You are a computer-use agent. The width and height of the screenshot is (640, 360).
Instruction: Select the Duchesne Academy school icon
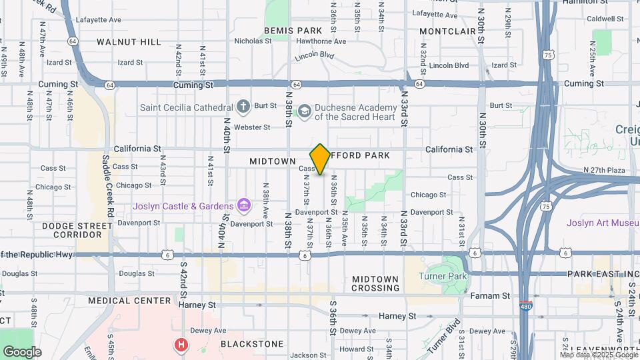305,111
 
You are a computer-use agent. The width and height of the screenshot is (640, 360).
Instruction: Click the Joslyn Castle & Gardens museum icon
244,205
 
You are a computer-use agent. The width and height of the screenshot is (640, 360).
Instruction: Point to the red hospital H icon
180,345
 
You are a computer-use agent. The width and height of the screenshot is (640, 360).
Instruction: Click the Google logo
22,352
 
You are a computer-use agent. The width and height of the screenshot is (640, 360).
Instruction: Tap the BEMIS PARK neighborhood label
293,31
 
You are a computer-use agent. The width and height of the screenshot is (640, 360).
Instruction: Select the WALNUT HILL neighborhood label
129,42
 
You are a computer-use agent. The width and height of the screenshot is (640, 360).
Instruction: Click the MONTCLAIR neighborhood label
447,31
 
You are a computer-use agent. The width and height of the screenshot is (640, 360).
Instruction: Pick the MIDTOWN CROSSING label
375,283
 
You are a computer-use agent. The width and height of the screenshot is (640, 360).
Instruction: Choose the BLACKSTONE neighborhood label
252,344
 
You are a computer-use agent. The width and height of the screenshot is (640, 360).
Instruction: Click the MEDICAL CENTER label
129,301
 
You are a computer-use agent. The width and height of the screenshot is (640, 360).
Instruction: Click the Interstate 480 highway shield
525,305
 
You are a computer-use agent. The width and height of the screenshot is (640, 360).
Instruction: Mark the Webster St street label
252,127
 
